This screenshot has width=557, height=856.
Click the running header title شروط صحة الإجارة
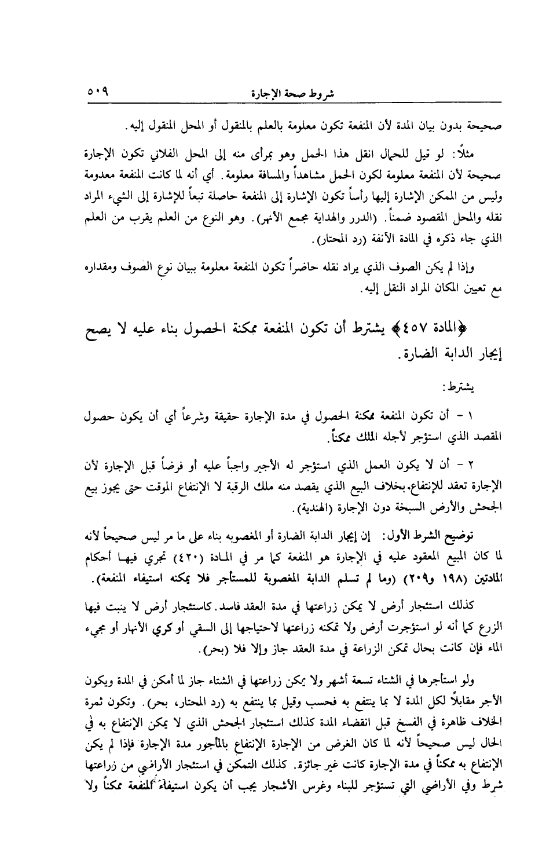(x=295, y=93)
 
